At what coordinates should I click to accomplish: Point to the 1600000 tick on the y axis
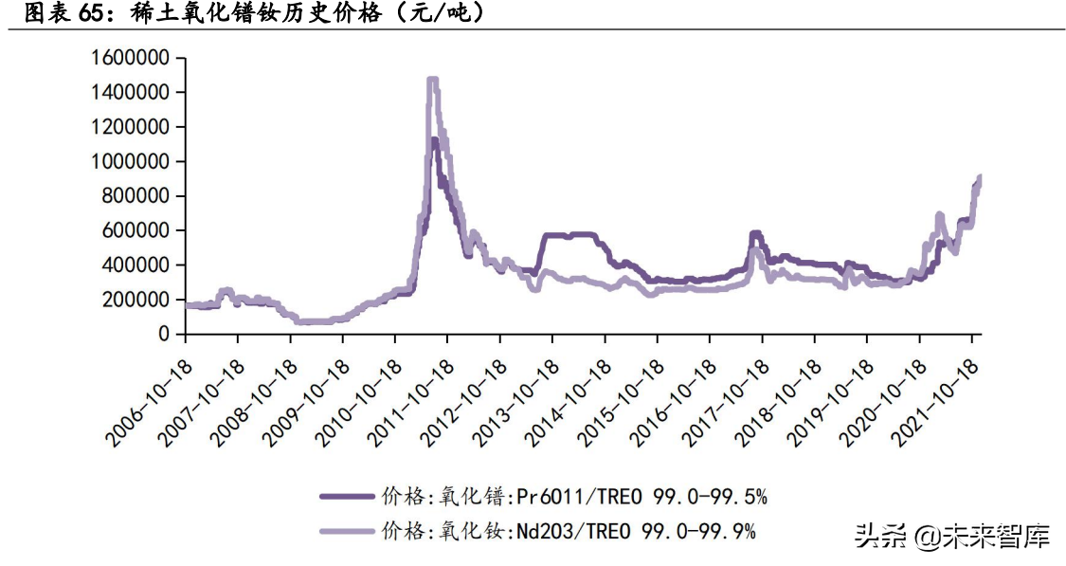tap(131, 58)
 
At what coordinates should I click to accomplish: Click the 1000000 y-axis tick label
tap(131, 161)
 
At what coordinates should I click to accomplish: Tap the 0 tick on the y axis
tap(164, 334)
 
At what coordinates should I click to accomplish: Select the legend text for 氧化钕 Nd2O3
tap(569, 531)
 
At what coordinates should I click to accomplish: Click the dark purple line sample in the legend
tap(345, 495)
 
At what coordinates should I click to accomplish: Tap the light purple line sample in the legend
tap(345, 531)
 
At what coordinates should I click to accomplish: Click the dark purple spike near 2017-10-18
tap(755, 233)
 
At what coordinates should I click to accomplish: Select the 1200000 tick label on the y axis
tap(131, 127)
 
